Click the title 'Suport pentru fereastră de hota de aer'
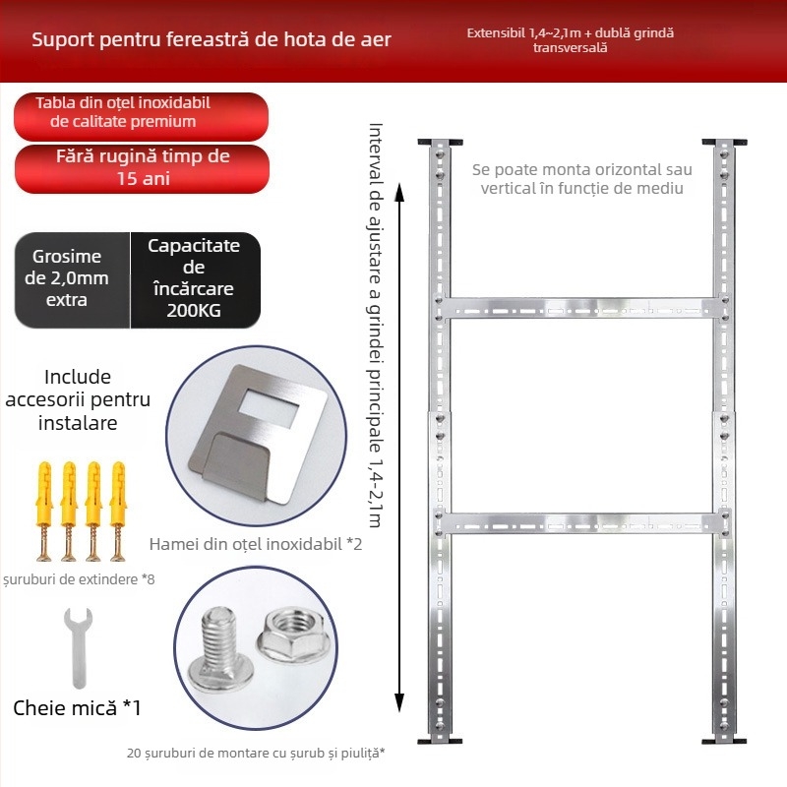212,40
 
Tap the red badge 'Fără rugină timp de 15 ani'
143,168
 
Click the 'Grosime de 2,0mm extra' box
69,278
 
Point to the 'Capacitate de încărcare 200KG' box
195,278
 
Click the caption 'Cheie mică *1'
78,707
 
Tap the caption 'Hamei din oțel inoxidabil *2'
256,543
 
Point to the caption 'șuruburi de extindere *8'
79,578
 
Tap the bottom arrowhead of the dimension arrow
399,702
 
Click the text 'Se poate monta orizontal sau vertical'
581,178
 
